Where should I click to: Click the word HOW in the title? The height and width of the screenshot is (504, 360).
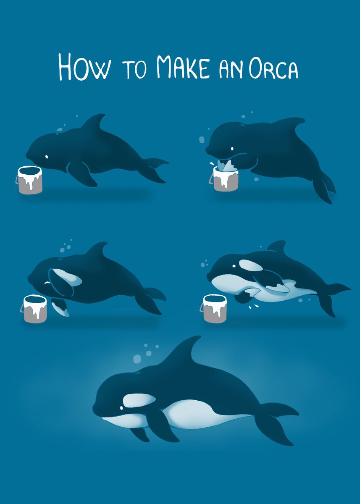(84, 67)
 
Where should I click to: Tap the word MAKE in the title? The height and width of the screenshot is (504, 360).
(184, 67)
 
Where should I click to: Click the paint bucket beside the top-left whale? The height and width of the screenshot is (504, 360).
(29, 180)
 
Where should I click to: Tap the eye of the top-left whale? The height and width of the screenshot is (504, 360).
(46, 157)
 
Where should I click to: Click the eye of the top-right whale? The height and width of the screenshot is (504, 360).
(232, 149)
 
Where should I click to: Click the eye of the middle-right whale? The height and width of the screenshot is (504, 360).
(234, 266)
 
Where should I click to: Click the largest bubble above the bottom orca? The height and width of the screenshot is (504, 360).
(137, 359)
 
